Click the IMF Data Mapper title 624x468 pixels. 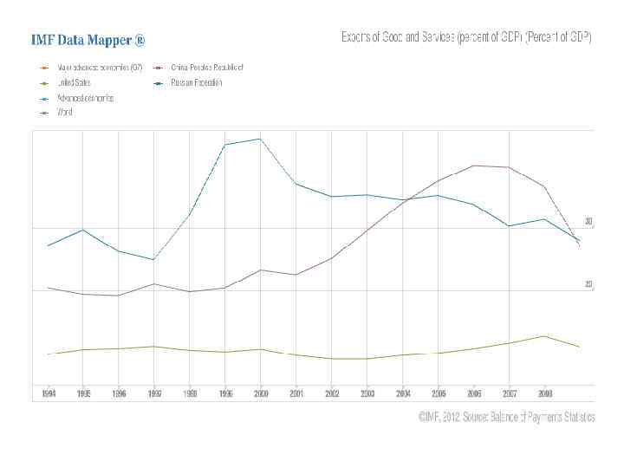88,40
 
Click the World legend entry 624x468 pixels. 67,113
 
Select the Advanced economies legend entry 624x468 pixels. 85,98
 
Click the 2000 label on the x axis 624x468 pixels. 261,393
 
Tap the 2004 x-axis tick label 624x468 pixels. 403,393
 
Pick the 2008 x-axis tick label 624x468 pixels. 544,393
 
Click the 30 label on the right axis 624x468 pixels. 588,222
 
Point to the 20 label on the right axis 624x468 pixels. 588,284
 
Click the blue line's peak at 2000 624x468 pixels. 260,139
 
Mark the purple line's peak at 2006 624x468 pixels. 473,166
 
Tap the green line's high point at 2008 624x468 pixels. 543,336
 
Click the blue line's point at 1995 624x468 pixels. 82,230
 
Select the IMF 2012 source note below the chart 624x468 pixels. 507,417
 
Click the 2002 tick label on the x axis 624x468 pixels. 332,393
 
